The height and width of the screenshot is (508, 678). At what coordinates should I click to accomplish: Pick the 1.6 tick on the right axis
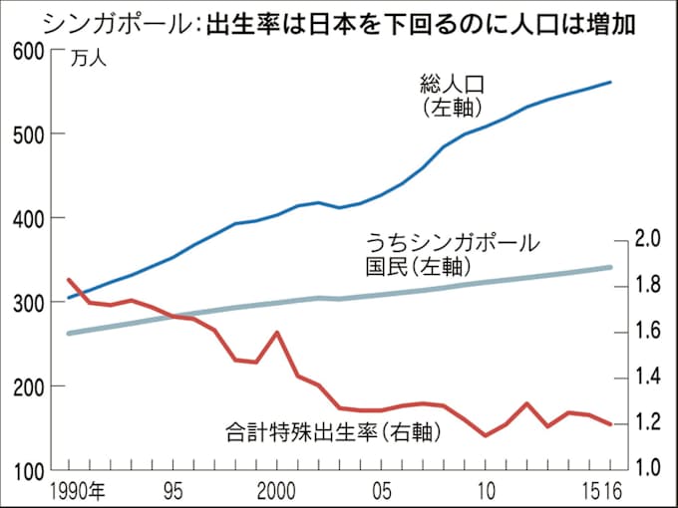coord(649,331)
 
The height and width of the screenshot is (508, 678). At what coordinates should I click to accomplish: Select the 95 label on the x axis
coord(173,490)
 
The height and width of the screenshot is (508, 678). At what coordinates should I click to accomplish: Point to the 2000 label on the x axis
coord(278,490)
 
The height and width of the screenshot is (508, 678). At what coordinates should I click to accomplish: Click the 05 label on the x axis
coord(381,490)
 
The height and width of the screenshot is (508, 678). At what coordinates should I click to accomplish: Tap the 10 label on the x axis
coord(486,490)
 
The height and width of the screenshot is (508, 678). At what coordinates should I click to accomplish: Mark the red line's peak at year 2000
coord(277,332)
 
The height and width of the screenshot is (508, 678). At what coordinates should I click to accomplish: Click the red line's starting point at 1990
coord(68,280)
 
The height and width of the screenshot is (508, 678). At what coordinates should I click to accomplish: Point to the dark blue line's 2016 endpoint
coord(610,82)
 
